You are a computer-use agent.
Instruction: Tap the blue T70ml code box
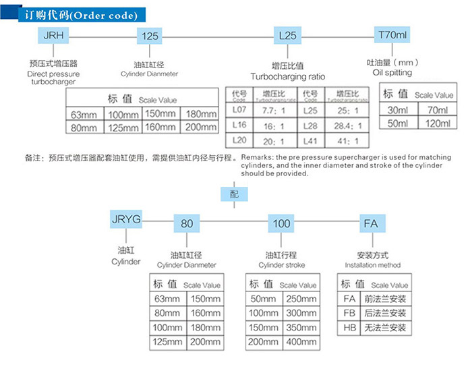click(x=392, y=34)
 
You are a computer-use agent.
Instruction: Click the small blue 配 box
click(x=233, y=193)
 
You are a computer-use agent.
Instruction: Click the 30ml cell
click(x=398, y=109)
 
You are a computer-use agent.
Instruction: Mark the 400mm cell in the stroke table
click(x=301, y=342)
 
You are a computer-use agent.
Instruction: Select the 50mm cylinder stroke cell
click(x=264, y=299)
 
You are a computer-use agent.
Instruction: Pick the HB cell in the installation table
click(x=349, y=328)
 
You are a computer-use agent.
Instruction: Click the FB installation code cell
click(x=349, y=313)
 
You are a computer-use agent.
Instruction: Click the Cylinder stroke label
click(x=282, y=265)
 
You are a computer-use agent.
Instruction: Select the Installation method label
click(x=372, y=265)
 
